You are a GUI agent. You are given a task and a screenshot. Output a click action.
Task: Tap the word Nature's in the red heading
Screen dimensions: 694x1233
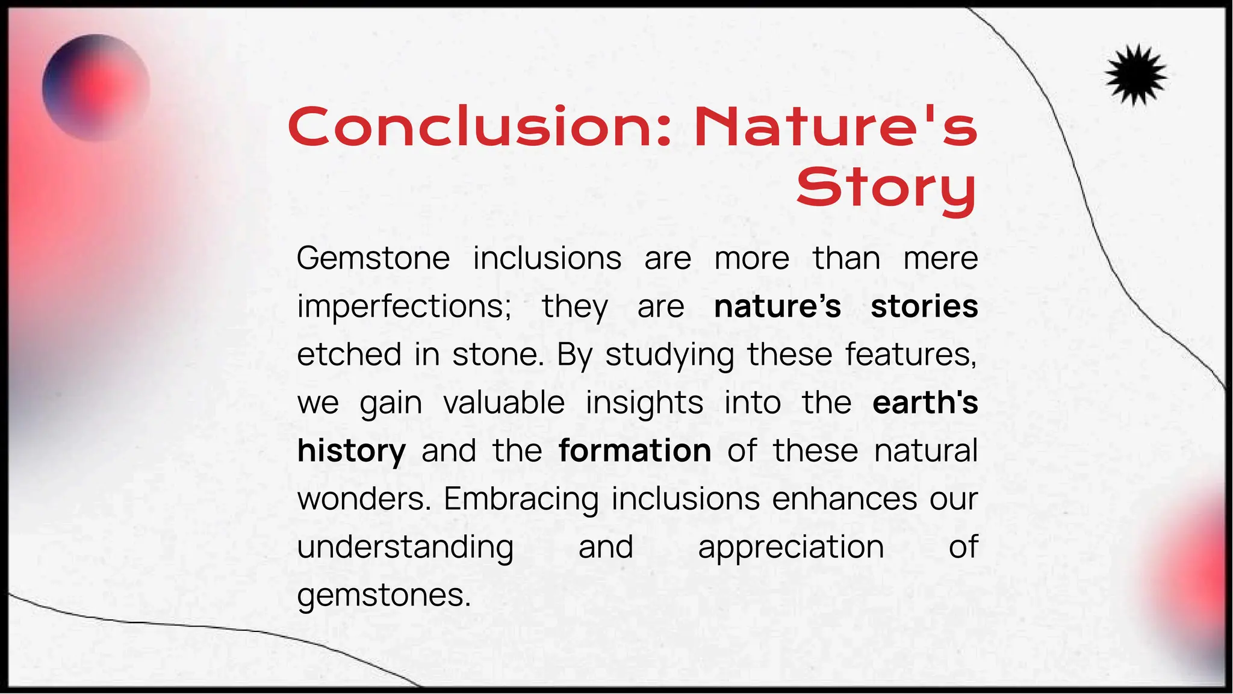pos(835,127)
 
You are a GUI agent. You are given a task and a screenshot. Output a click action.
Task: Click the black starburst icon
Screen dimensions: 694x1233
pos(1135,76)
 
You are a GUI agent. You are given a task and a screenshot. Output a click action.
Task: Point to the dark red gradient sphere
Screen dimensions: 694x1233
pos(96,88)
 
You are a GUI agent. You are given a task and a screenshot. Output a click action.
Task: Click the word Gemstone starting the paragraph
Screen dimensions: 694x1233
pos(373,259)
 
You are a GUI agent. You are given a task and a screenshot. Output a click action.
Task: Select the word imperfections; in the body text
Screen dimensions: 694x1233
pos(404,307)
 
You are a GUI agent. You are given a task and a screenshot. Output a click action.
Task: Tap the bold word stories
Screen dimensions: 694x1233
pos(924,306)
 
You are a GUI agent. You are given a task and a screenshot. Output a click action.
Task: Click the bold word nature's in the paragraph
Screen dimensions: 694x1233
pos(777,306)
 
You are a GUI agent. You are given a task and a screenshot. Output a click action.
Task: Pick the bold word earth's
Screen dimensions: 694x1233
pos(925,403)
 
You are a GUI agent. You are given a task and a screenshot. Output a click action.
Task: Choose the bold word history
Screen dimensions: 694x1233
pos(352,451)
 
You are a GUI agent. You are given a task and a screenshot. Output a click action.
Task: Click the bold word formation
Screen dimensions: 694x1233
pos(635,451)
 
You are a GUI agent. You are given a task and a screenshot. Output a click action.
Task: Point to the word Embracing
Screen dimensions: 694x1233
pos(521,500)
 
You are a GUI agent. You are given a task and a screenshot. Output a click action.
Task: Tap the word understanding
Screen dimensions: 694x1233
pos(405,548)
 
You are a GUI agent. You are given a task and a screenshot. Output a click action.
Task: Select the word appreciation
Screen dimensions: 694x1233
pos(790,548)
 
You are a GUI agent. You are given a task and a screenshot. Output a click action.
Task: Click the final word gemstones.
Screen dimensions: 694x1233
pos(384,596)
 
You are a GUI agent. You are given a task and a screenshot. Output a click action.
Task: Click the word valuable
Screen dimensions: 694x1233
pos(504,403)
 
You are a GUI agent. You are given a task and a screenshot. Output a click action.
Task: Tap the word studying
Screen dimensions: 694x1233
pos(669,355)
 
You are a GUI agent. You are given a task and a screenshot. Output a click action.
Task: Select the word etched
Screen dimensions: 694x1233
pos(349,355)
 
